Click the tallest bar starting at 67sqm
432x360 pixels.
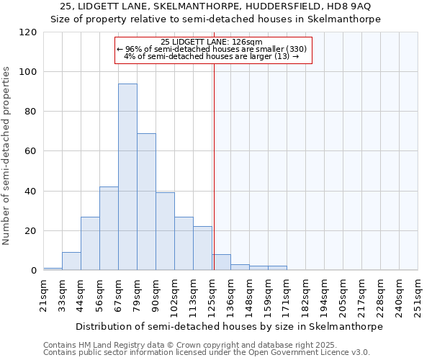click(127, 177)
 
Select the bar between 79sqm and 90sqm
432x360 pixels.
click(146, 202)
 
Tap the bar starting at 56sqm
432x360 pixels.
click(109, 228)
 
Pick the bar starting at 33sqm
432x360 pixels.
click(71, 261)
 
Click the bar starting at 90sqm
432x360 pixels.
click(165, 231)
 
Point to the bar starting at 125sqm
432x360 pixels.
click(221, 263)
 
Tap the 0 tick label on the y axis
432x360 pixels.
click(34, 271)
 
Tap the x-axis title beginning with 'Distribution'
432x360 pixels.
click(229, 326)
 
